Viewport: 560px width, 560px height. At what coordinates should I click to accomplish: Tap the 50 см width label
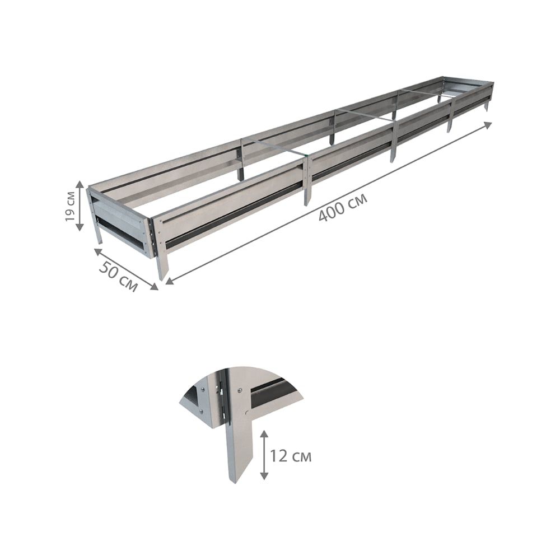pos(118,276)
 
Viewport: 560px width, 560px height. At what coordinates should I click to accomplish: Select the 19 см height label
pos(70,207)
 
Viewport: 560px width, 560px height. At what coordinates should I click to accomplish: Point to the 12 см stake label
pos(290,456)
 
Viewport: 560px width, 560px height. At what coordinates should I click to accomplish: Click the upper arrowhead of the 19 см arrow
pos(80,184)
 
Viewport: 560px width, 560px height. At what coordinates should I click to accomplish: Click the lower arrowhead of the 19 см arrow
pos(80,227)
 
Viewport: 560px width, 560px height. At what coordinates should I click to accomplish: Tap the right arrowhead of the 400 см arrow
pos(488,125)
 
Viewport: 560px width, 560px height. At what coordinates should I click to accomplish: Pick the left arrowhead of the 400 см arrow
pos(170,281)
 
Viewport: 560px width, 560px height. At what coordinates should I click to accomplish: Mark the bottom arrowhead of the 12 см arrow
pos(264,475)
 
